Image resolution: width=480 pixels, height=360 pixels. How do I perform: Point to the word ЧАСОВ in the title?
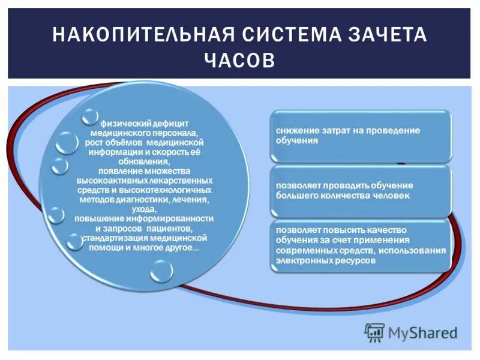click(x=239, y=61)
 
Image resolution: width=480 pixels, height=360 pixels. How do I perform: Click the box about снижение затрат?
click(x=360, y=136)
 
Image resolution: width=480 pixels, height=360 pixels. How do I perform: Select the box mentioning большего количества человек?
click(x=360, y=191)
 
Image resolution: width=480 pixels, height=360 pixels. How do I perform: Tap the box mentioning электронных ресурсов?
click(x=360, y=245)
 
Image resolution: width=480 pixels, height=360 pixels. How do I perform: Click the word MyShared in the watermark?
click(x=422, y=332)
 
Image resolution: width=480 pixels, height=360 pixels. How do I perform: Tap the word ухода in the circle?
click(x=145, y=209)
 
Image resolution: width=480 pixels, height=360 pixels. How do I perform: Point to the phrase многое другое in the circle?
click(x=175, y=247)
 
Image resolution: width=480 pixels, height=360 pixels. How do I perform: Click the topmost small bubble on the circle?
click(x=90, y=117)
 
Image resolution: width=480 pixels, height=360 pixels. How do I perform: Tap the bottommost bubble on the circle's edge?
click(x=161, y=271)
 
